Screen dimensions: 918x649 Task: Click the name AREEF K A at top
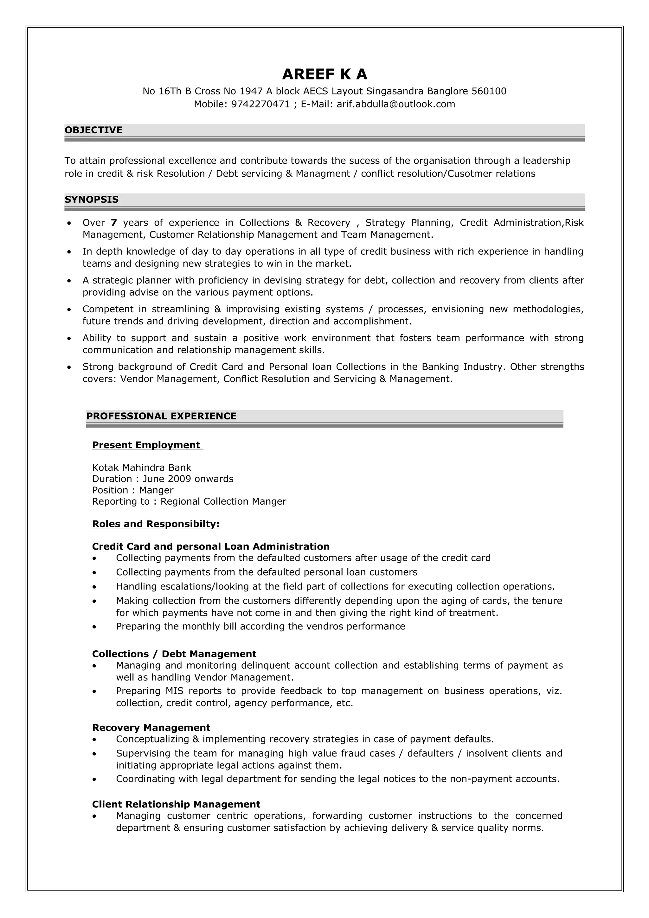(324, 74)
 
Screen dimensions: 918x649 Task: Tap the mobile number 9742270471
(260, 104)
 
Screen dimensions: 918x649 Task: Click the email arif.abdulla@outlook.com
(395, 104)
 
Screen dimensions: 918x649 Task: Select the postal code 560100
(489, 91)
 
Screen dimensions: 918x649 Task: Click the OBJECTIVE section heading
(93, 130)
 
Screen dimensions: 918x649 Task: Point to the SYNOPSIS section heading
(92, 200)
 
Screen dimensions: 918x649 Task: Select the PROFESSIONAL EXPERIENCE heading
(161, 416)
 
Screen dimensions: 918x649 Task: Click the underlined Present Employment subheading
(146, 445)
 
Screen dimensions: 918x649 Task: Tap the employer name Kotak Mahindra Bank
(142, 468)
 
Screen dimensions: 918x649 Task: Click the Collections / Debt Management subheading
(174, 654)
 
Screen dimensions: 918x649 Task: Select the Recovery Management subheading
(151, 727)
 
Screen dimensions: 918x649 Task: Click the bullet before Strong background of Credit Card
(69, 367)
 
